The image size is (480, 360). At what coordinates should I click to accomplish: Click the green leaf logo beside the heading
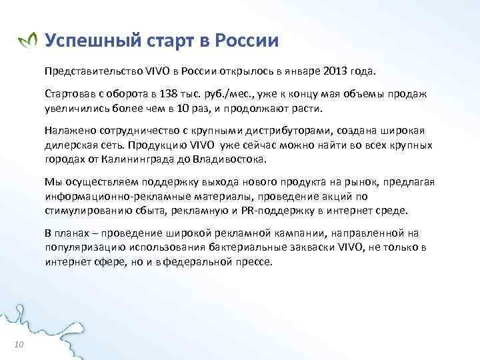(x=27, y=41)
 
